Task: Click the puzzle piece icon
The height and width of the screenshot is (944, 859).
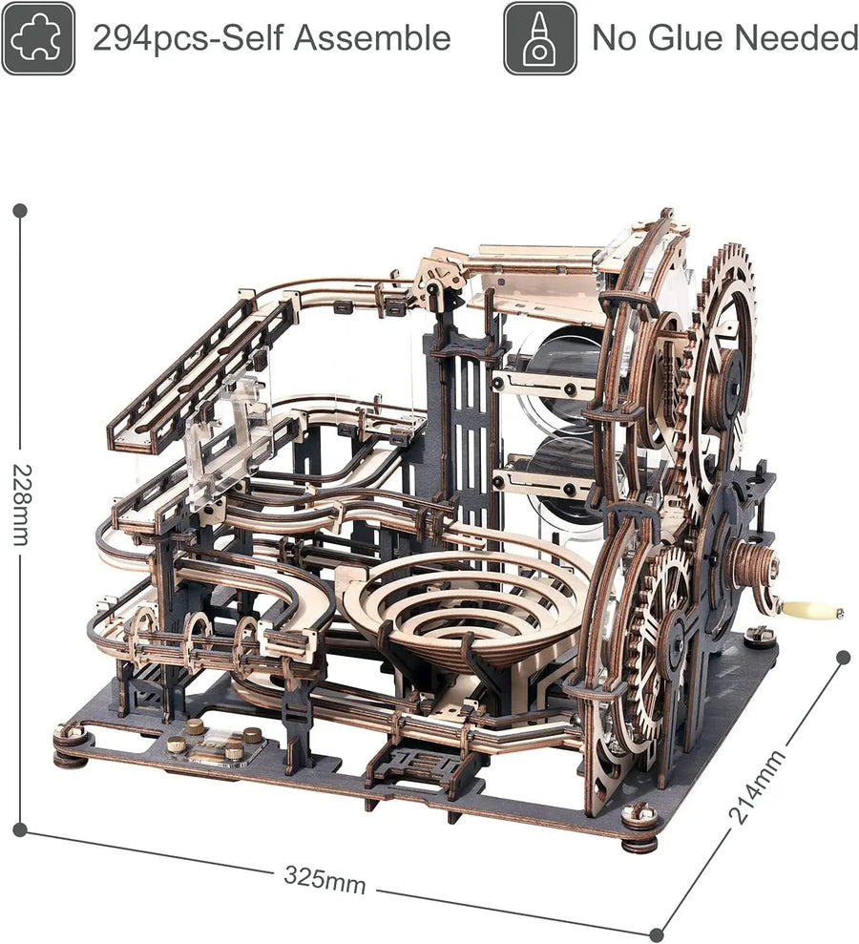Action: click(38, 38)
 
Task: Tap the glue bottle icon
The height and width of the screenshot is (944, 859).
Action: click(540, 38)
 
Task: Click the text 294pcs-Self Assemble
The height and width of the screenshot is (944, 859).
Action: click(271, 38)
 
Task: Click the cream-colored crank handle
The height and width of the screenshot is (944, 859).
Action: click(812, 608)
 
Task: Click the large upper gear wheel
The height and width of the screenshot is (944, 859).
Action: click(723, 363)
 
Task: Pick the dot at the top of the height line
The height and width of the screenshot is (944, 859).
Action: click(20, 209)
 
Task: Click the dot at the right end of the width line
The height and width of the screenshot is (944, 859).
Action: click(657, 935)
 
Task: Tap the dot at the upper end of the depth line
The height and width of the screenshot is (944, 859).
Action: click(843, 658)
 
